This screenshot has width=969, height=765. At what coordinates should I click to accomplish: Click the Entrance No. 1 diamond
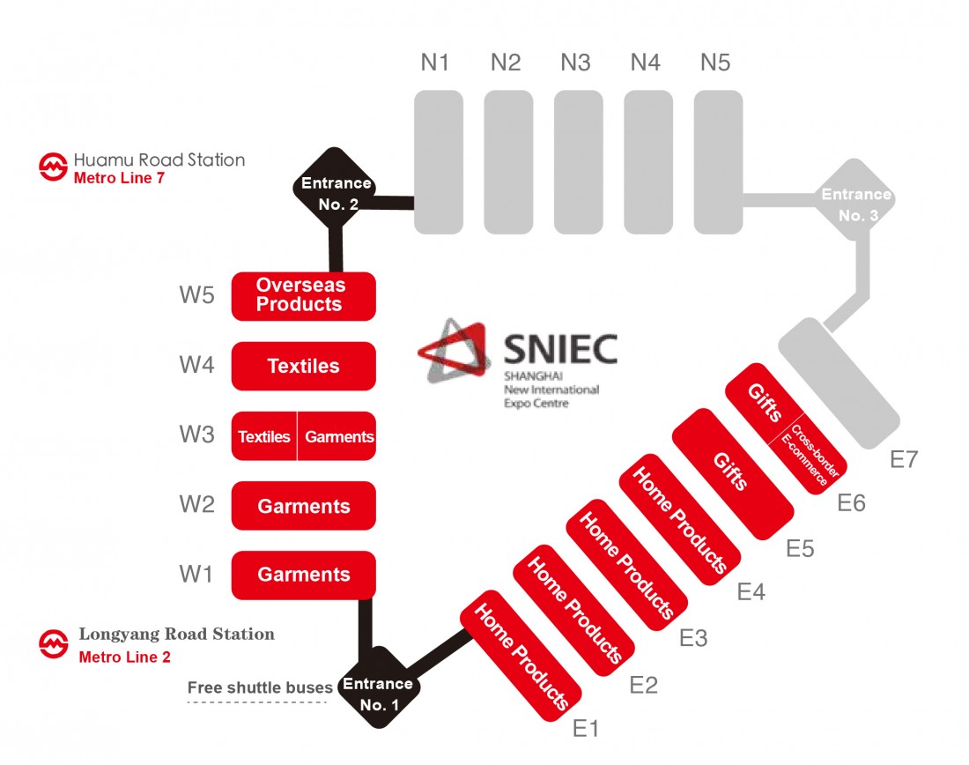(x=379, y=687)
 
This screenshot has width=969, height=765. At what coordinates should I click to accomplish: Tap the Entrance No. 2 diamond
(x=335, y=188)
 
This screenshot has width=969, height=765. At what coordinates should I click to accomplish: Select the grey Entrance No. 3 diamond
(x=856, y=200)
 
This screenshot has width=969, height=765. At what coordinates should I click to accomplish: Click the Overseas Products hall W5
(x=303, y=296)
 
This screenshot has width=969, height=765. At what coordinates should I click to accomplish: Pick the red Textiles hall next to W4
(x=303, y=366)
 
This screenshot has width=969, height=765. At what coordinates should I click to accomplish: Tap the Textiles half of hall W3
(x=264, y=436)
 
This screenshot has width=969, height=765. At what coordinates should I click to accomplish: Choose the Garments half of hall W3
(x=337, y=436)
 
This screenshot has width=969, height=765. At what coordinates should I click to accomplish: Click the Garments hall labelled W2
(x=303, y=506)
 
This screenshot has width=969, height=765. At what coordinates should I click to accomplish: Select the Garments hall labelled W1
(x=303, y=576)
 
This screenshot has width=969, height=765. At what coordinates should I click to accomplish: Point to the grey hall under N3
(x=579, y=162)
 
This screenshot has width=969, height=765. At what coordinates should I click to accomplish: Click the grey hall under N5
(x=718, y=162)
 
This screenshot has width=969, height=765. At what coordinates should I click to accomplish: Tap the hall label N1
(x=434, y=63)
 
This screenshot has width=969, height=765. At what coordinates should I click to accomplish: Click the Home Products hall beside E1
(x=521, y=656)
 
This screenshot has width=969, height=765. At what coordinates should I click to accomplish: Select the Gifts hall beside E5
(x=732, y=473)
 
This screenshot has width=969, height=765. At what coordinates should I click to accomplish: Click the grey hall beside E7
(x=839, y=383)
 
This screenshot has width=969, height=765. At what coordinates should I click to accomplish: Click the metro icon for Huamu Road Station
(x=53, y=167)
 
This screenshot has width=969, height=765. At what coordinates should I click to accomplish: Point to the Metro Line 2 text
(x=124, y=657)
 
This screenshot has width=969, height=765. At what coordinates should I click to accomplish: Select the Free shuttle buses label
(x=260, y=687)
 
